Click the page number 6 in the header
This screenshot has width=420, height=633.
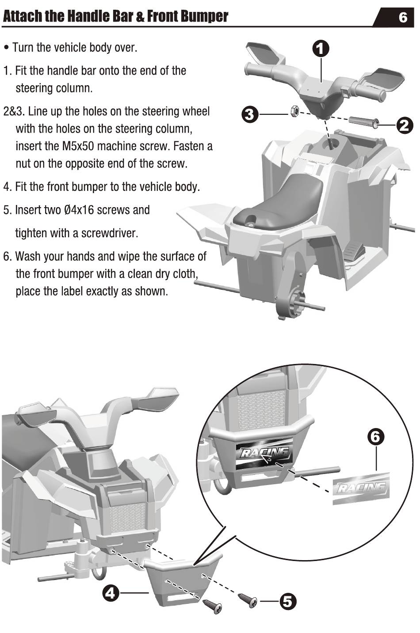click(402, 18)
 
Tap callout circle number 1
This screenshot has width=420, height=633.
click(321, 49)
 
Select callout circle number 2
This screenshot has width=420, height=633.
click(404, 125)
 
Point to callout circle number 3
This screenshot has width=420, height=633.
click(250, 114)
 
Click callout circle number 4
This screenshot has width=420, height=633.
click(111, 593)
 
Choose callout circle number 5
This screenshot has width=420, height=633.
click(288, 601)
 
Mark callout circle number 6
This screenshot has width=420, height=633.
click(375, 437)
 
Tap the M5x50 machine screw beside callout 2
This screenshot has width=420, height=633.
click(364, 121)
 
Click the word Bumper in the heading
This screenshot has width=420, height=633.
click(204, 16)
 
